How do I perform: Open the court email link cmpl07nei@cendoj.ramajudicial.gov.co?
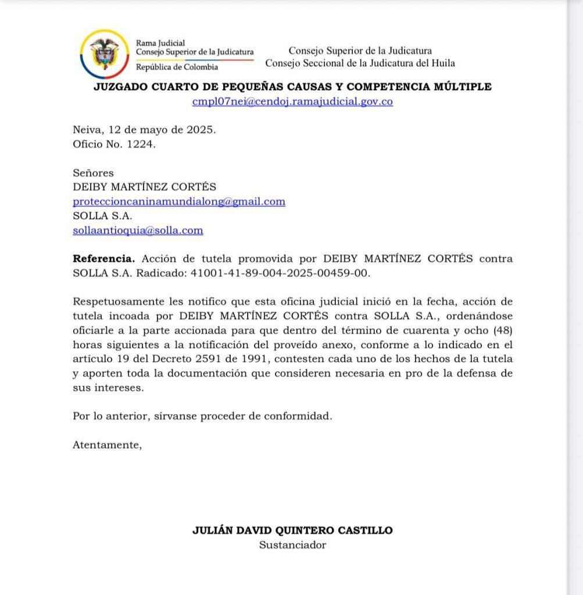click(292, 101)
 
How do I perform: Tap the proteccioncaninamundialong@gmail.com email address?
click(179, 202)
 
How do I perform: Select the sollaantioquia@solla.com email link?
click(138, 230)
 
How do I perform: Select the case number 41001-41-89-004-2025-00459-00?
click(280, 273)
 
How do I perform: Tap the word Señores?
click(93, 173)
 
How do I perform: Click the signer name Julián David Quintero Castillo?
click(292, 531)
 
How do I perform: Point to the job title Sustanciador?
click(292, 545)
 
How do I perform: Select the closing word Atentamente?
click(107, 445)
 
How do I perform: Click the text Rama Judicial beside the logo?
click(160, 42)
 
